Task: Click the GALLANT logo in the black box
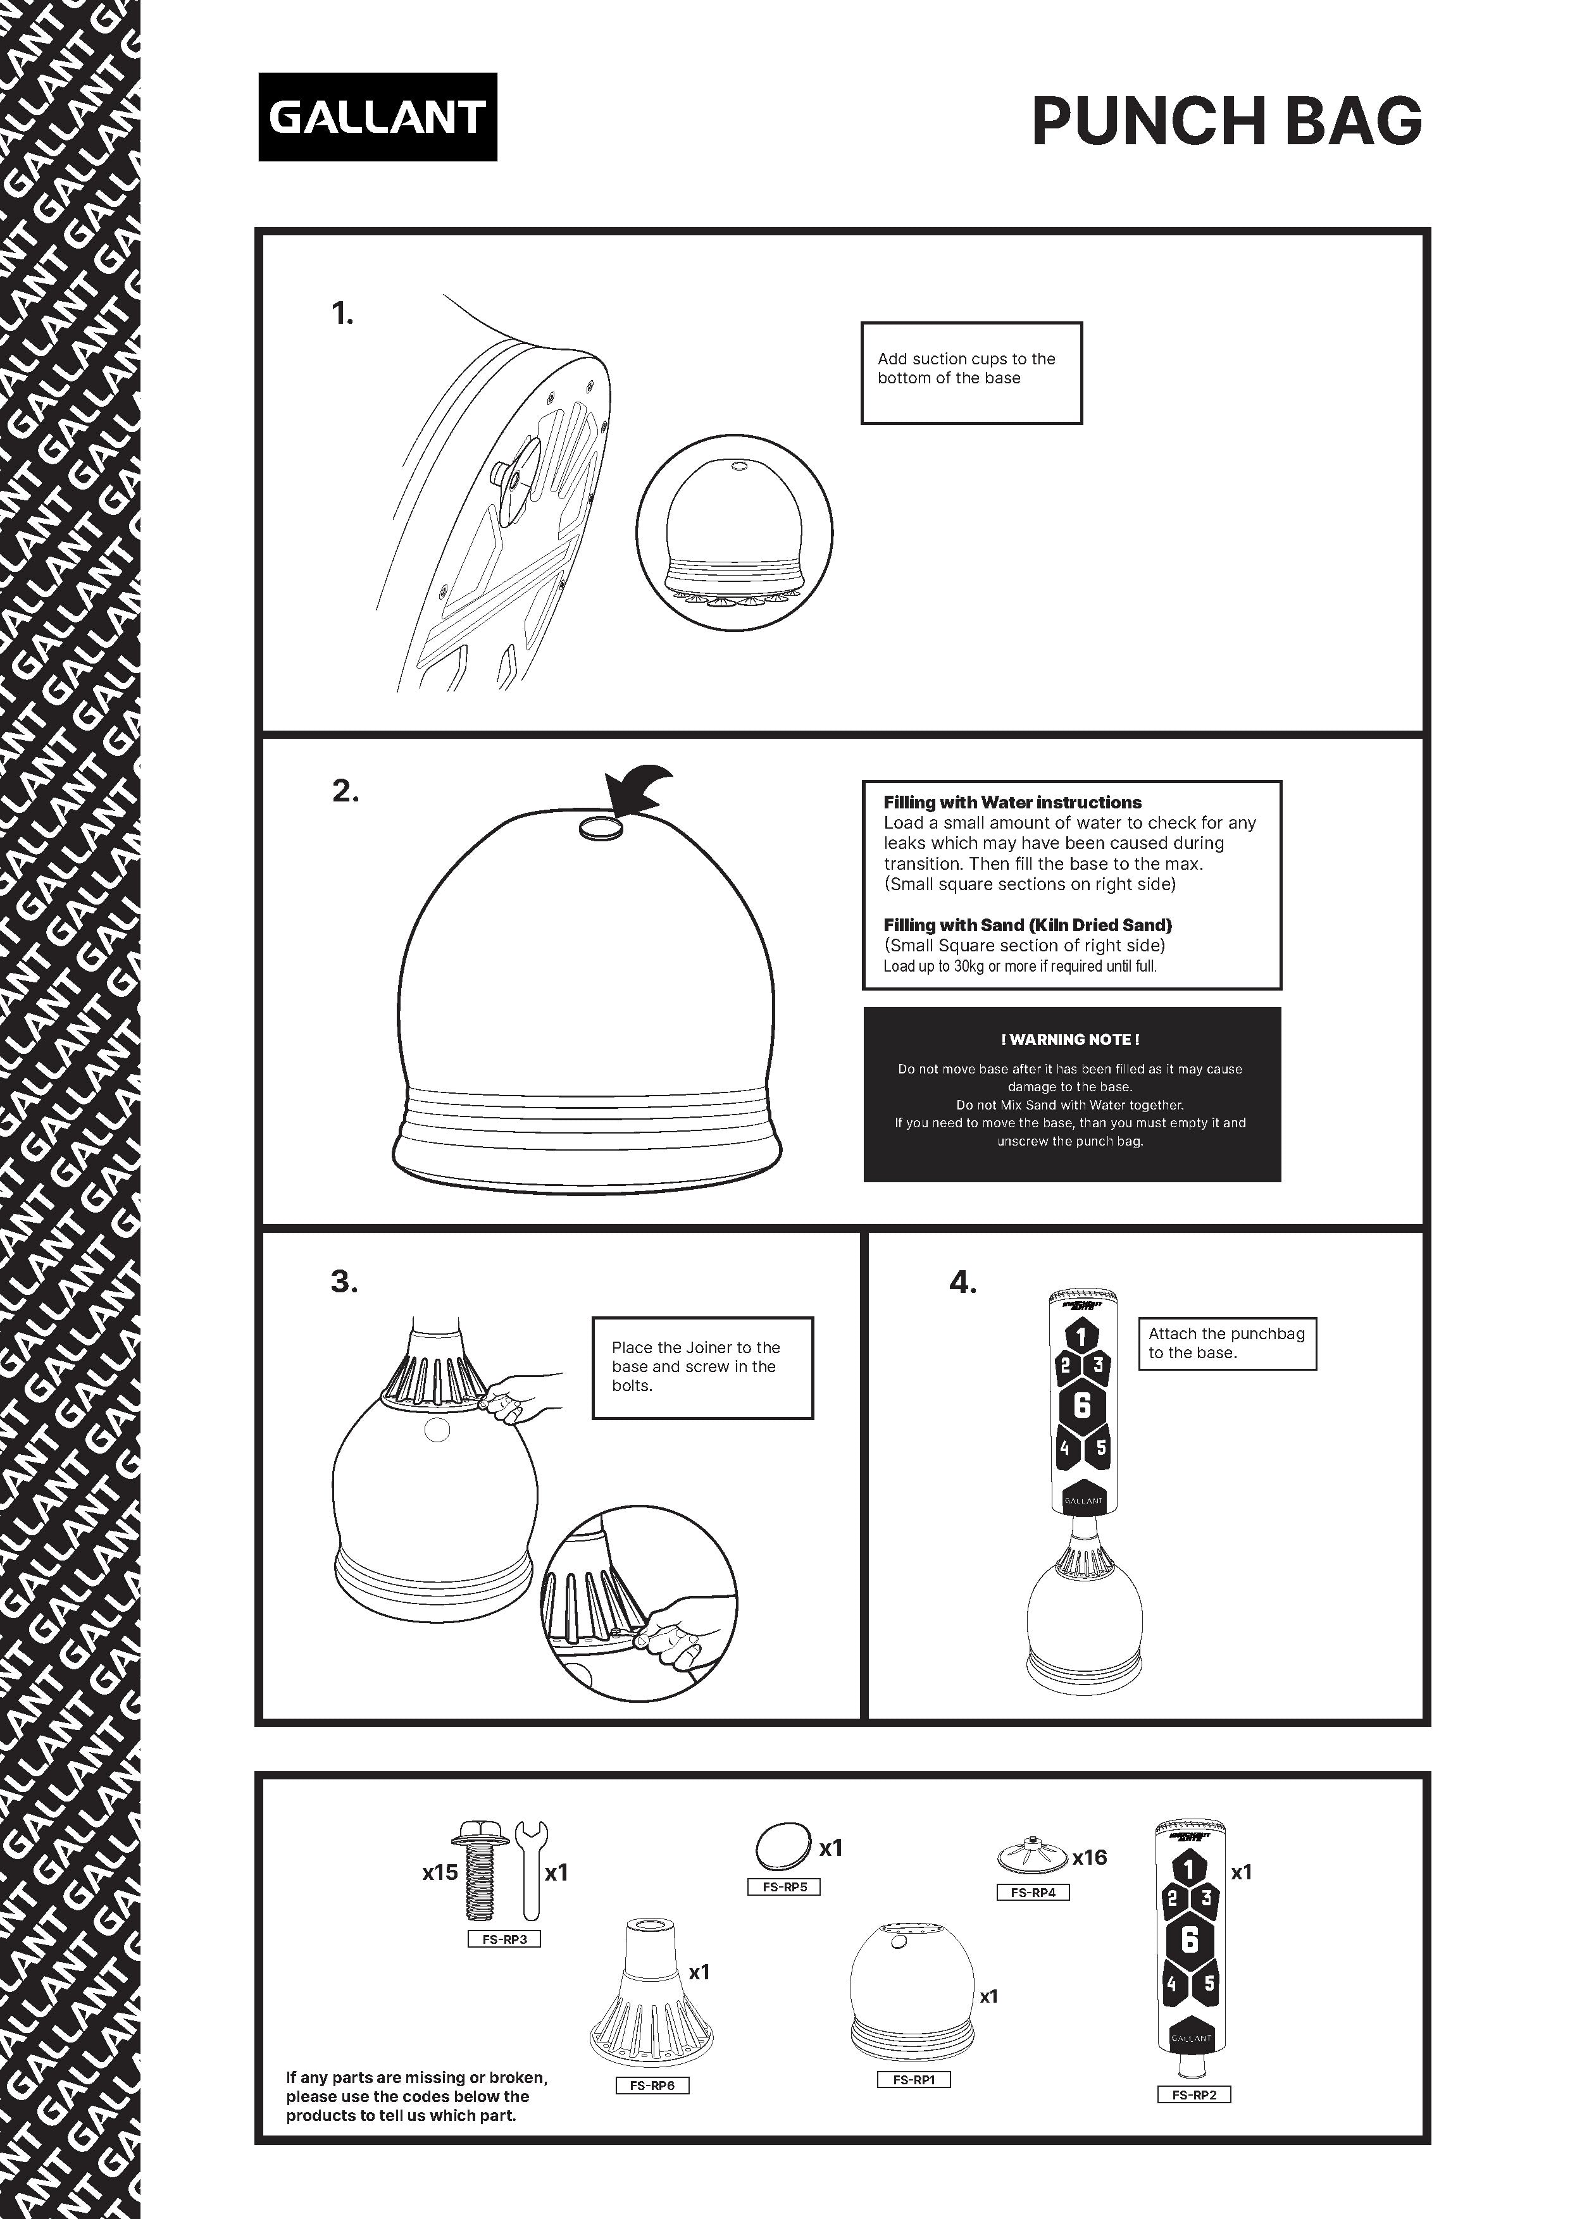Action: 377,117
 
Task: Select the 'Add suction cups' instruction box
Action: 971,373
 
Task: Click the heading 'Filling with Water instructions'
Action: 1012,802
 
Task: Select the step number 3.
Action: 344,1282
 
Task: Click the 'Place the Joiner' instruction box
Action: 702,1368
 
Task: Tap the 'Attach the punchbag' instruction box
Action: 1227,1344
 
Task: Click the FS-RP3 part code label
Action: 504,1939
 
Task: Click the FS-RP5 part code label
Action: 784,1886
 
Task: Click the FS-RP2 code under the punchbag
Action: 1194,2122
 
